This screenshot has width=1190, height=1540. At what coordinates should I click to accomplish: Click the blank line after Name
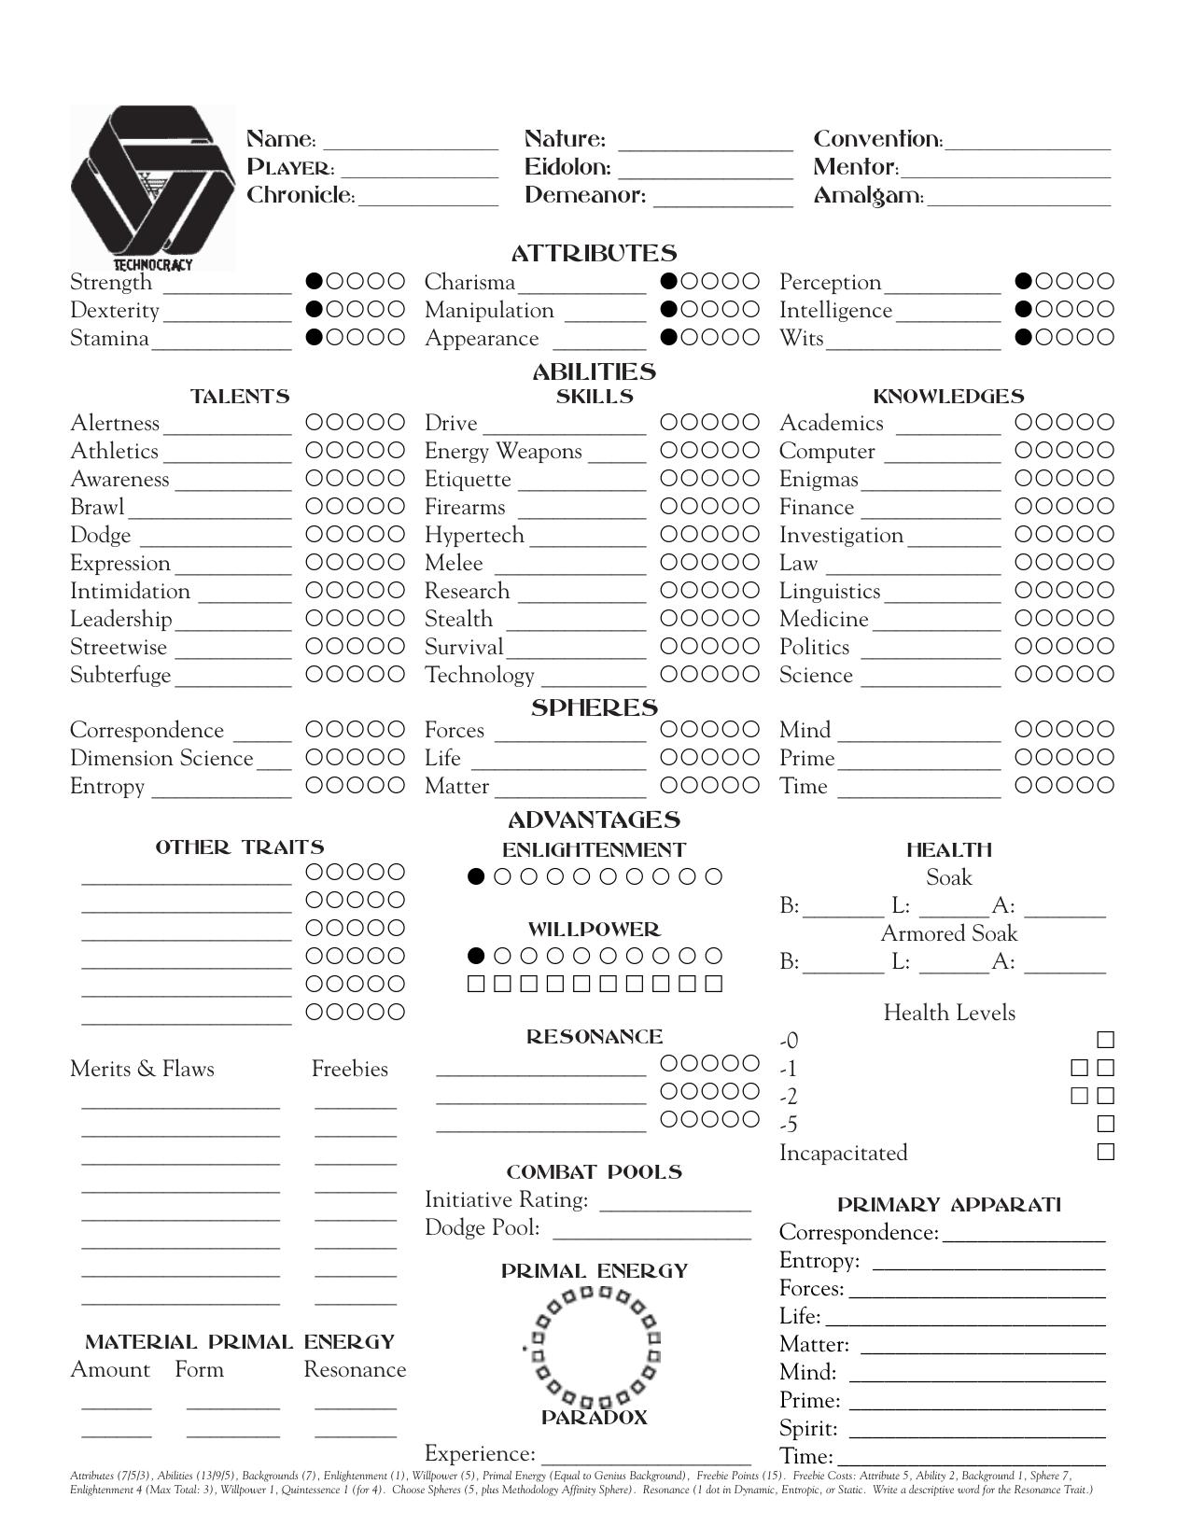click(410, 145)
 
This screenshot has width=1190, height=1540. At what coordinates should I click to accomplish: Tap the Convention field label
click(877, 140)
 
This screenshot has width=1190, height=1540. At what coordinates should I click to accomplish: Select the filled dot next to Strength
click(315, 281)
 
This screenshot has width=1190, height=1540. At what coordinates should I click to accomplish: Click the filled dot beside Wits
click(1024, 337)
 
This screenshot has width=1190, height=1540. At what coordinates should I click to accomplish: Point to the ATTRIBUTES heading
click(594, 253)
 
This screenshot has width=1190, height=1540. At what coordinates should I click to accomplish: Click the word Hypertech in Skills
click(474, 535)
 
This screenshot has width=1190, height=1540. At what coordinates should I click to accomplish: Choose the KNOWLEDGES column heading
click(948, 397)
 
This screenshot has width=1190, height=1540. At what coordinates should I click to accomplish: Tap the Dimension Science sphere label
click(161, 758)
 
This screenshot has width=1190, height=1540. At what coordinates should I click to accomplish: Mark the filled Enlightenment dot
click(477, 876)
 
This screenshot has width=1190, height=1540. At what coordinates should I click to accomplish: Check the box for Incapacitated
click(1106, 1152)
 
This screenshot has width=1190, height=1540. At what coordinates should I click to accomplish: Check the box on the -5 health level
click(1106, 1124)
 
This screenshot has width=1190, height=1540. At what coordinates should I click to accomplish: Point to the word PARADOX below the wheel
click(594, 1418)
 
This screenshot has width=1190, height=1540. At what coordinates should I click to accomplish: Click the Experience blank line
click(646, 1461)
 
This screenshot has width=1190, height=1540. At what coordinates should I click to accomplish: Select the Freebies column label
click(349, 1069)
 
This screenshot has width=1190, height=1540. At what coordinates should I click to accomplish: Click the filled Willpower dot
click(477, 956)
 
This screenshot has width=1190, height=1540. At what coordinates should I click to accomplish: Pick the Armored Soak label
click(948, 933)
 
